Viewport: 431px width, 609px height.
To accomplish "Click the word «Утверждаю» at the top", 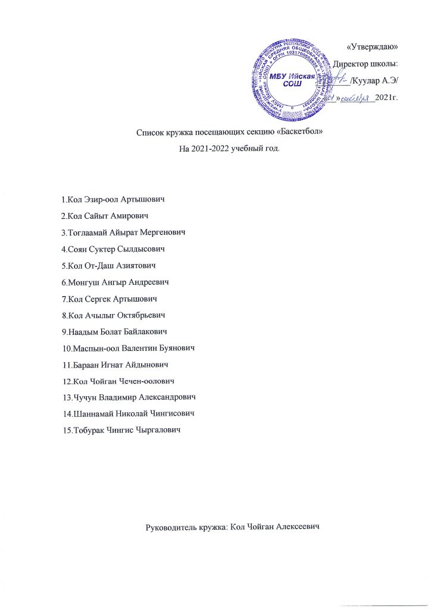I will [371, 46].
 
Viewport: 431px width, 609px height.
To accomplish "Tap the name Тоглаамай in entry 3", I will [89, 231].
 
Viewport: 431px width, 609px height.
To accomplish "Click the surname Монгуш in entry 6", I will [85, 280].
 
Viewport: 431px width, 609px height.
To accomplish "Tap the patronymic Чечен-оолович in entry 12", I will [146, 379].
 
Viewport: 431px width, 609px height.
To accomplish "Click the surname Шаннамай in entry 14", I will [93, 412].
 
